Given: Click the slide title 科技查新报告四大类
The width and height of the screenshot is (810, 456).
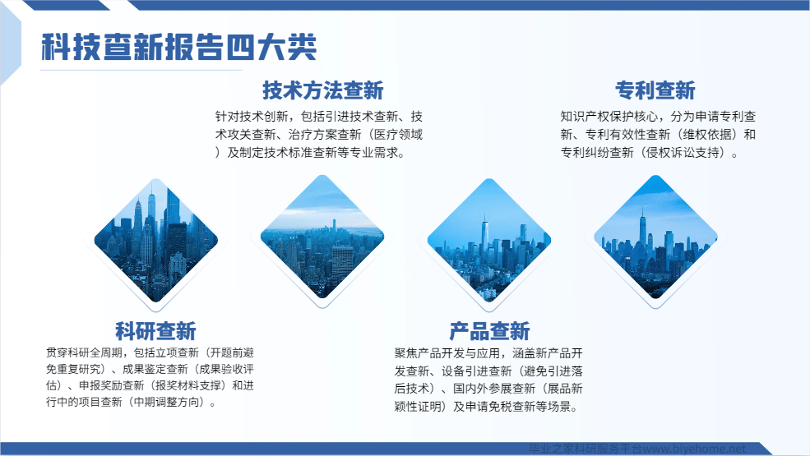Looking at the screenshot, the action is pyautogui.click(x=178, y=47).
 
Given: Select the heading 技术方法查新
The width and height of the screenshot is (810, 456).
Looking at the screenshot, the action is pyautogui.click(x=323, y=90).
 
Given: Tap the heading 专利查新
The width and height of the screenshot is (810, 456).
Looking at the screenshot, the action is pyautogui.click(x=655, y=90).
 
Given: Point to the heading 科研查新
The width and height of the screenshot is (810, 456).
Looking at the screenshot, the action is pyautogui.click(x=155, y=331).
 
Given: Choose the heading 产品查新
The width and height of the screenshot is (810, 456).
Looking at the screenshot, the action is pyautogui.click(x=489, y=331).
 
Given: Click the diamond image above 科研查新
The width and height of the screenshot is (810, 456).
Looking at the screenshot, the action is pyautogui.click(x=156, y=240).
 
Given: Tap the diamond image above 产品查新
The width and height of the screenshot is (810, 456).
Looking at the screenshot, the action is pyautogui.click(x=489, y=240).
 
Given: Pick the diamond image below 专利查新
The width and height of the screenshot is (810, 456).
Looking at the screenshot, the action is pyautogui.click(x=655, y=237).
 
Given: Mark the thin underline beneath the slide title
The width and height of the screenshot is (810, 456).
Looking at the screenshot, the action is pyautogui.click(x=141, y=70).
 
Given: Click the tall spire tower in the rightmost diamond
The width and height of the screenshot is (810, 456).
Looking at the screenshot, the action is pyautogui.click(x=642, y=230).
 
